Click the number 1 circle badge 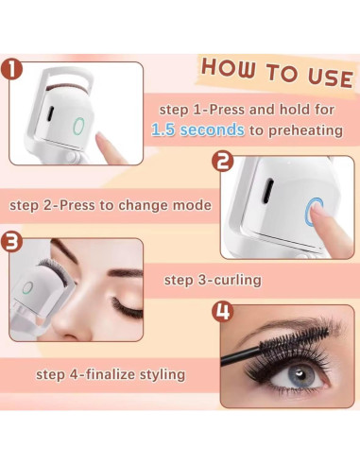tap(11, 69)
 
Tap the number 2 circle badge tap(223, 162)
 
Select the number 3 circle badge tap(11, 243)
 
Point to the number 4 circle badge tap(223, 311)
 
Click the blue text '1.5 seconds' tap(197, 129)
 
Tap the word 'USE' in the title tap(331, 77)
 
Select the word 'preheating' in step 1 tap(305, 130)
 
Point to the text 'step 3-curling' tap(213, 280)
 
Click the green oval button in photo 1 tap(78, 127)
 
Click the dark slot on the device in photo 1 tap(51, 113)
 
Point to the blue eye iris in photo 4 tap(301, 374)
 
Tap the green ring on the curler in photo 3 tap(27, 287)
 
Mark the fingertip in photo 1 tap(102, 139)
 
